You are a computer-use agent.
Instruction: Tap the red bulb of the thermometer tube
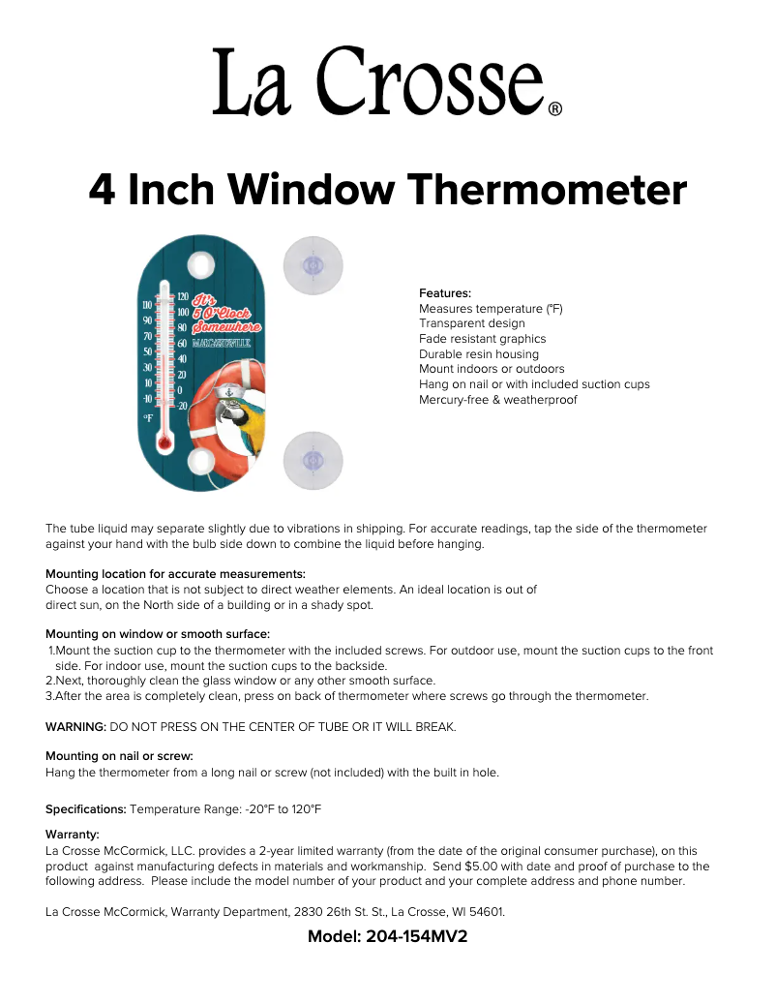164,442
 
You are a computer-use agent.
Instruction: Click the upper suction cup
313,265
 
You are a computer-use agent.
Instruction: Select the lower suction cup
313,459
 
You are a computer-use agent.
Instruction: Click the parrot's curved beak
228,415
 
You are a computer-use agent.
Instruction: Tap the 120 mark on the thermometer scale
182,297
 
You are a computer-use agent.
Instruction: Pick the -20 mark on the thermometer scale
182,406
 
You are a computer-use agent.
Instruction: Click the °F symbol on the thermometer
148,417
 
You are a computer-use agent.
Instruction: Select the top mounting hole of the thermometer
200,264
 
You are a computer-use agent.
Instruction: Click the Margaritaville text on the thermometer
224,343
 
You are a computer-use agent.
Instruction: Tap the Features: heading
445,293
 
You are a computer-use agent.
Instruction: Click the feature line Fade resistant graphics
482,339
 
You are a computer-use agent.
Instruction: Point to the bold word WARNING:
75,726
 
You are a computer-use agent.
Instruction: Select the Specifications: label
86,808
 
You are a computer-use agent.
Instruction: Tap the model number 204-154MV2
417,937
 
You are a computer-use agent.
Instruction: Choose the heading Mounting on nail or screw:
119,756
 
